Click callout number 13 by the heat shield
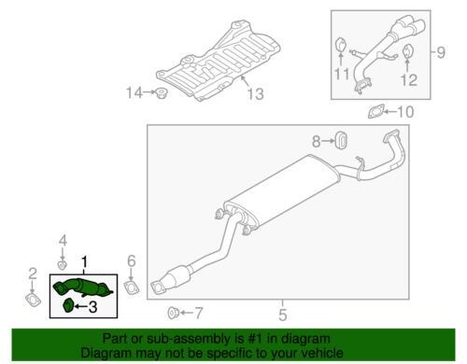pyautogui.click(x=255, y=93)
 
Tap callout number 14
pyautogui.click(x=134, y=92)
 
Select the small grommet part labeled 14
pyautogui.click(x=161, y=92)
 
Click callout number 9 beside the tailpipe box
pyautogui.click(x=441, y=52)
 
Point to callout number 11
pyautogui.click(x=342, y=74)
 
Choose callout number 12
pyautogui.click(x=409, y=79)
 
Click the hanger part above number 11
pyautogui.click(x=340, y=44)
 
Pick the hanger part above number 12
pyautogui.click(x=407, y=51)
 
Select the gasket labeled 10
pyautogui.click(x=375, y=112)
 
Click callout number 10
pyautogui.click(x=405, y=112)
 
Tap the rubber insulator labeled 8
pyautogui.click(x=341, y=141)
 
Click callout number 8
pyautogui.click(x=316, y=142)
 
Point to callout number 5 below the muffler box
pyautogui.click(x=282, y=315)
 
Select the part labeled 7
pyautogui.click(x=172, y=313)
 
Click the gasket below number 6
pyautogui.click(x=132, y=287)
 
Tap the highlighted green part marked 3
pyautogui.click(x=68, y=305)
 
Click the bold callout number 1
pyautogui.click(x=84, y=262)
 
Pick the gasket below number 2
pyautogui.click(x=33, y=300)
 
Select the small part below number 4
pyautogui.click(x=63, y=265)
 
